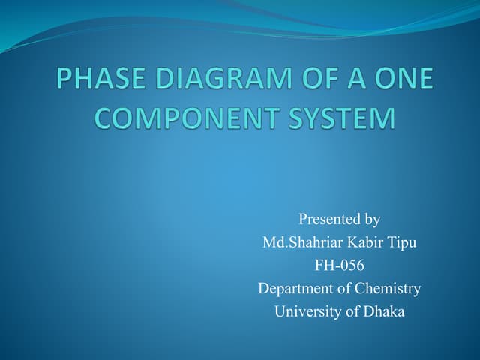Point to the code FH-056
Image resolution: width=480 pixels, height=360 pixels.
click(x=340, y=265)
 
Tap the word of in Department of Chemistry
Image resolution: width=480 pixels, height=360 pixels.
click(x=344, y=289)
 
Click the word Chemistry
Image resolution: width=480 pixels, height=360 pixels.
click(x=388, y=289)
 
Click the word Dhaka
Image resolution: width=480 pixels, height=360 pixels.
click(x=384, y=311)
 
